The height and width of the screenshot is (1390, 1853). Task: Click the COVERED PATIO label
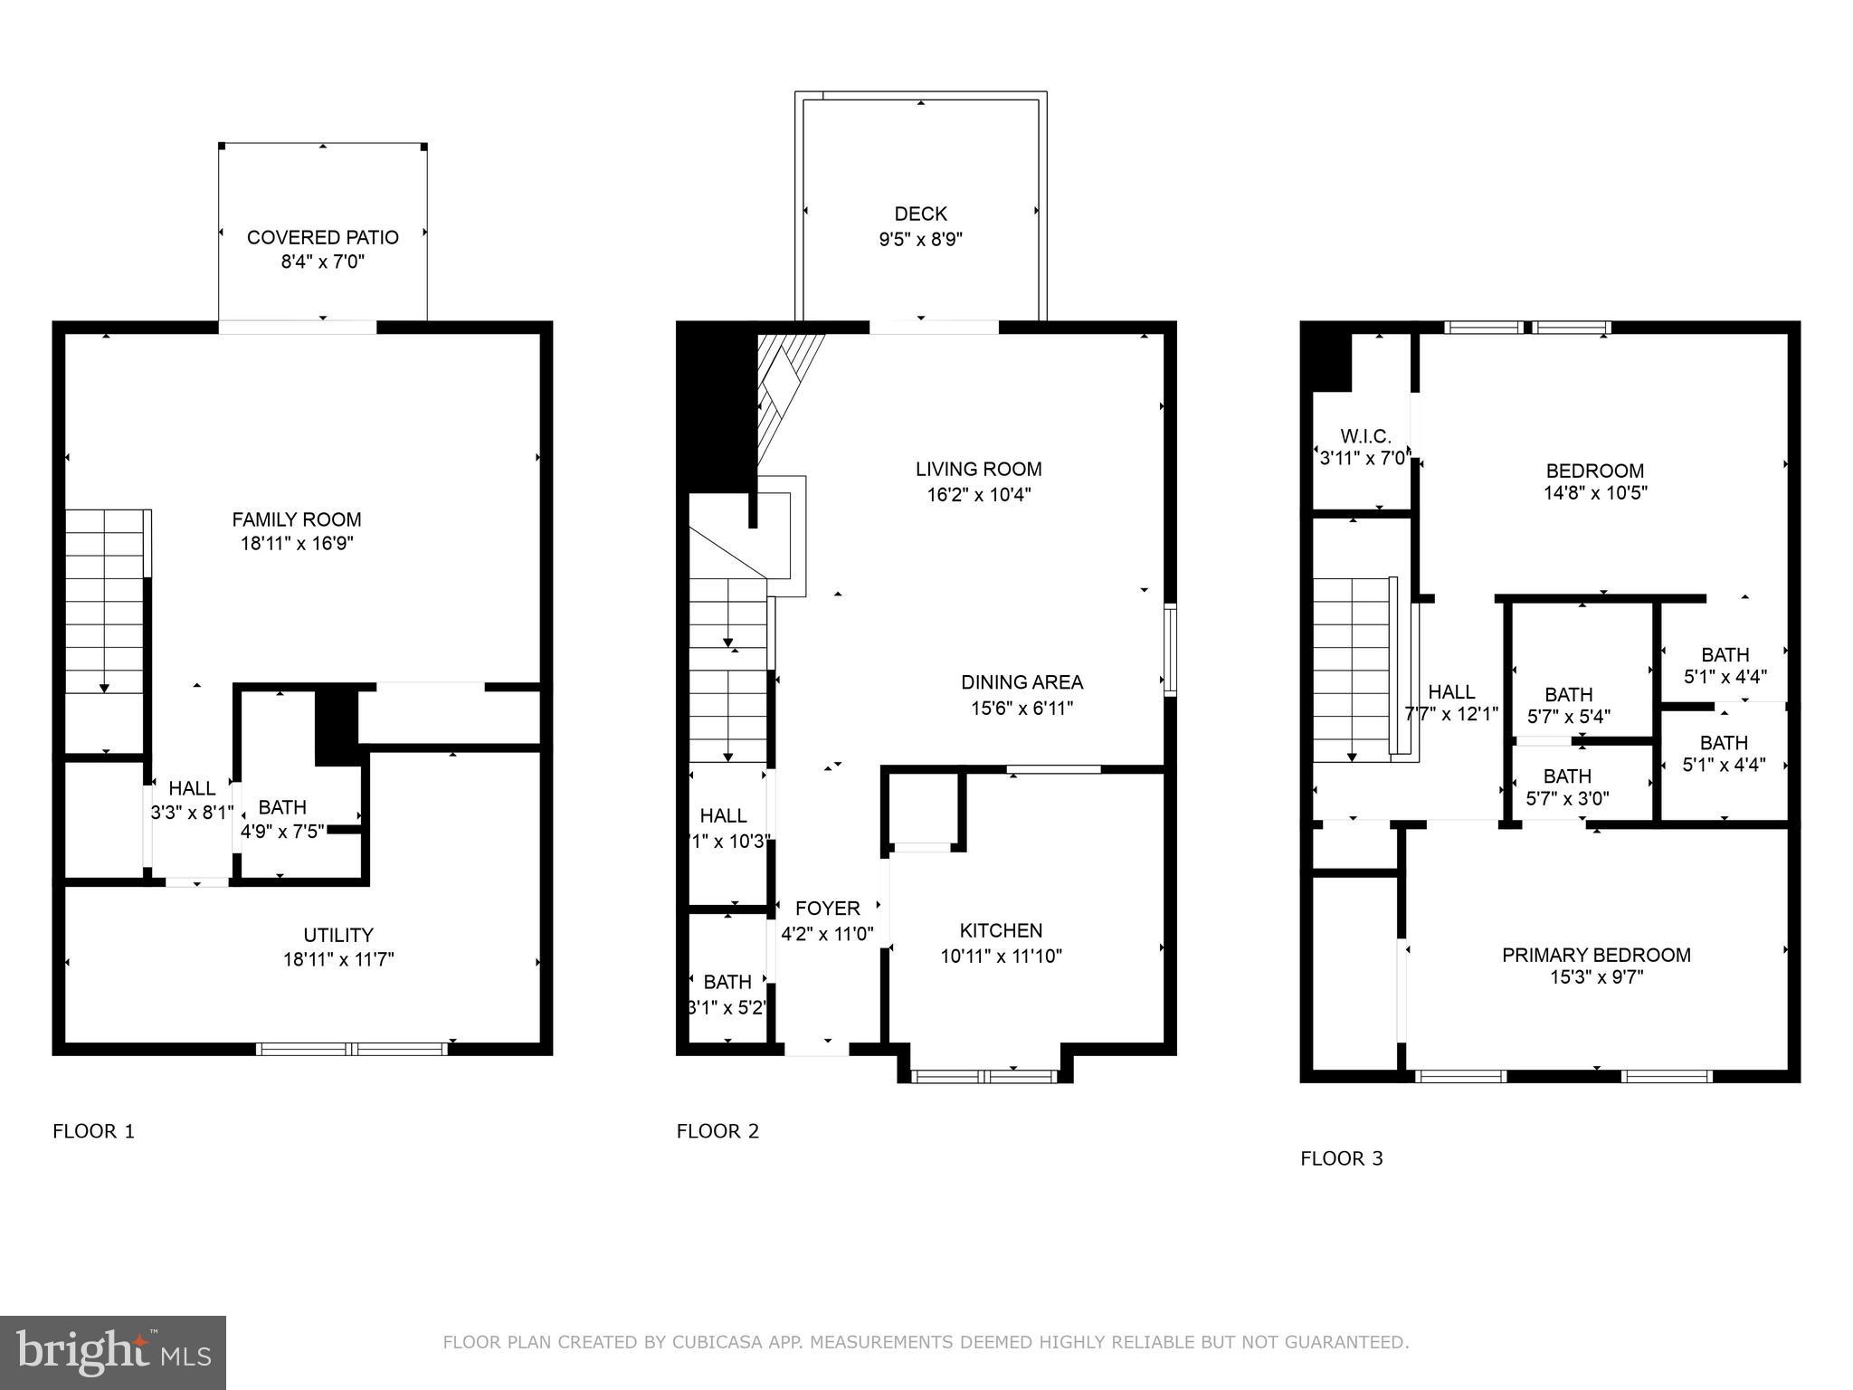(x=322, y=237)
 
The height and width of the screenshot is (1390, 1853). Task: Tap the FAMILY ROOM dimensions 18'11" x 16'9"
(x=297, y=544)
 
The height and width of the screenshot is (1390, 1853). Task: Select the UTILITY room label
(x=338, y=935)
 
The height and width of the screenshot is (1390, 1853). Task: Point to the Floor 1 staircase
(x=105, y=603)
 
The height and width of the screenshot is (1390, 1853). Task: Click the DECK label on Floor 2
(x=920, y=214)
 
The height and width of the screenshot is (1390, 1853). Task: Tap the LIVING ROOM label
(x=978, y=469)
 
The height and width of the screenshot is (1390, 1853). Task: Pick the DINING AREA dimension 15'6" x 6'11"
(x=1022, y=708)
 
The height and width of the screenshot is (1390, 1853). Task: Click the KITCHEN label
(x=1001, y=930)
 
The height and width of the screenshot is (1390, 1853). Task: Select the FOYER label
(x=827, y=909)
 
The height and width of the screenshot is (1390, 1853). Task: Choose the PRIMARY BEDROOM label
(x=1596, y=955)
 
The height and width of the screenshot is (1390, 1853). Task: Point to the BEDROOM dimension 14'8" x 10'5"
(x=1595, y=493)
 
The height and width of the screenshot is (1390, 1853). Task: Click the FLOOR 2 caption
(x=717, y=1131)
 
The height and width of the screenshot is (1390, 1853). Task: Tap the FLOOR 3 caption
(x=1341, y=1158)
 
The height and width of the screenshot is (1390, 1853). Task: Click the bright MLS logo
(x=113, y=1353)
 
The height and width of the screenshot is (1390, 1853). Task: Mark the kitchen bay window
(x=984, y=1076)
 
